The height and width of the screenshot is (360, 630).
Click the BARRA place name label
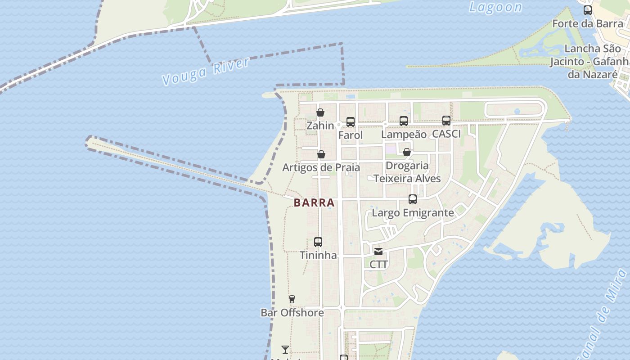click(x=314, y=202)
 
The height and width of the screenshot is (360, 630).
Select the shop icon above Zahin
click(x=320, y=112)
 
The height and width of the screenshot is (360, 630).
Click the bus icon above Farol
click(x=351, y=122)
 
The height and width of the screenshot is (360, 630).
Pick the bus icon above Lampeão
click(x=404, y=121)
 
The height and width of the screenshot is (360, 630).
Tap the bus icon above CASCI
click(x=446, y=120)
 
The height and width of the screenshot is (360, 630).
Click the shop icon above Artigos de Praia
click(x=321, y=155)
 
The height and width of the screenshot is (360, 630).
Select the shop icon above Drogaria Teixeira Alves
click(x=407, y=152)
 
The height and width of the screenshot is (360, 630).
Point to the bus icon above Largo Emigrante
click(x=413, y=199)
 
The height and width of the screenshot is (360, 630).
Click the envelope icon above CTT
click(x=378, y=252)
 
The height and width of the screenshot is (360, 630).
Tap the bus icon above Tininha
click(x=318, y=242)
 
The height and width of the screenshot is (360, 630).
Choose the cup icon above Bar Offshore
click(x=292, y=299)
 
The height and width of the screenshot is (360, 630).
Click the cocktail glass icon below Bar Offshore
click(x=285, y=349)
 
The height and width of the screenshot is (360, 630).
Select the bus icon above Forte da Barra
click(x=588, y=10)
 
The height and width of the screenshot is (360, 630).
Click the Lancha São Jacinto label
click(x=589, y=61)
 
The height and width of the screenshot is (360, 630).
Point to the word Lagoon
click(x=495, y=7)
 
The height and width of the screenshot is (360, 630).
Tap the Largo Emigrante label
click(x=413, y=213)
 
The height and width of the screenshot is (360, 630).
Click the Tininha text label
click(x=318, y=255)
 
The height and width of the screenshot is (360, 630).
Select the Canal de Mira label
click(x=605, y=315)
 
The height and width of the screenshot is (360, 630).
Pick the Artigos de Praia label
click(x=321, y=167)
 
